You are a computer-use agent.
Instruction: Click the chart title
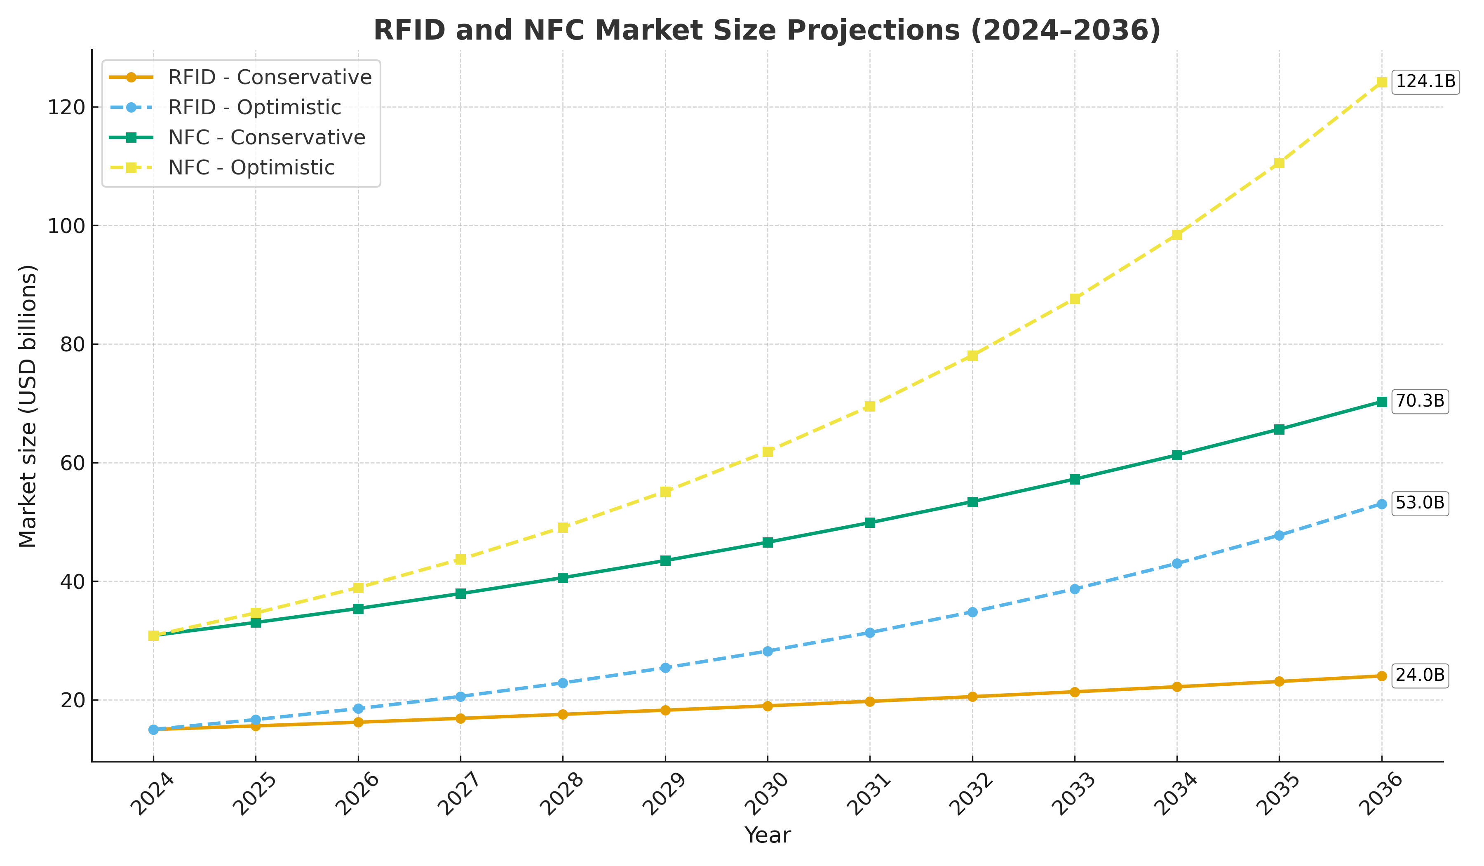click(767, 31)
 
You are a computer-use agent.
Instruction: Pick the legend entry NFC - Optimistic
click(251, 168)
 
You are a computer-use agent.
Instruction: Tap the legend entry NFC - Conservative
click(267, 137)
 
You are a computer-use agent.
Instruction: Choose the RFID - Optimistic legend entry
click(254, 107)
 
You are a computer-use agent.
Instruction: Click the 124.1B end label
click(1425, 81)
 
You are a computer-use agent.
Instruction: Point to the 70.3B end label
click(1419, 401)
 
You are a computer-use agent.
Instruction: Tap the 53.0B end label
click(1419, 503)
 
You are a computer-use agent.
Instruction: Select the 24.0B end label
click(1419, 675)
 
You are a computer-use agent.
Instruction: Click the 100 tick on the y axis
click(66, 226)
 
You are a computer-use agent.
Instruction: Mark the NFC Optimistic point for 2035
click(1279, 163)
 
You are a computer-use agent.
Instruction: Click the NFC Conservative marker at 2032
click(972, 502)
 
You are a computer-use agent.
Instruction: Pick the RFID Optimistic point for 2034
click(1176, 564)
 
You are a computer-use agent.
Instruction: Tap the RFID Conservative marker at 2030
click(767, 706)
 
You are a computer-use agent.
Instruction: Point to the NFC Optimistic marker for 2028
click(563, 528)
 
